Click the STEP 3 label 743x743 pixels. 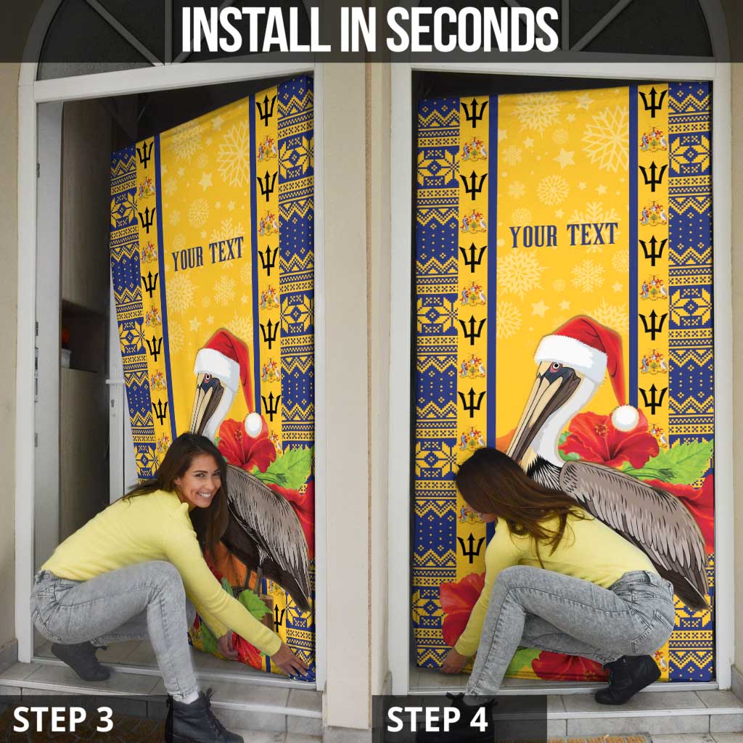click(63, 718)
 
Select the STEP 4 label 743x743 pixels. click(438, 718)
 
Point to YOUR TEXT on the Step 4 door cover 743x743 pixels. click(563, 235)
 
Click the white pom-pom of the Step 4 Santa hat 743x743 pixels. click(625, 417)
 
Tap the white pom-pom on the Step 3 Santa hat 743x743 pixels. click(253, 423)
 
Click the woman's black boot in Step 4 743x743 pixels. click(627, 679)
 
